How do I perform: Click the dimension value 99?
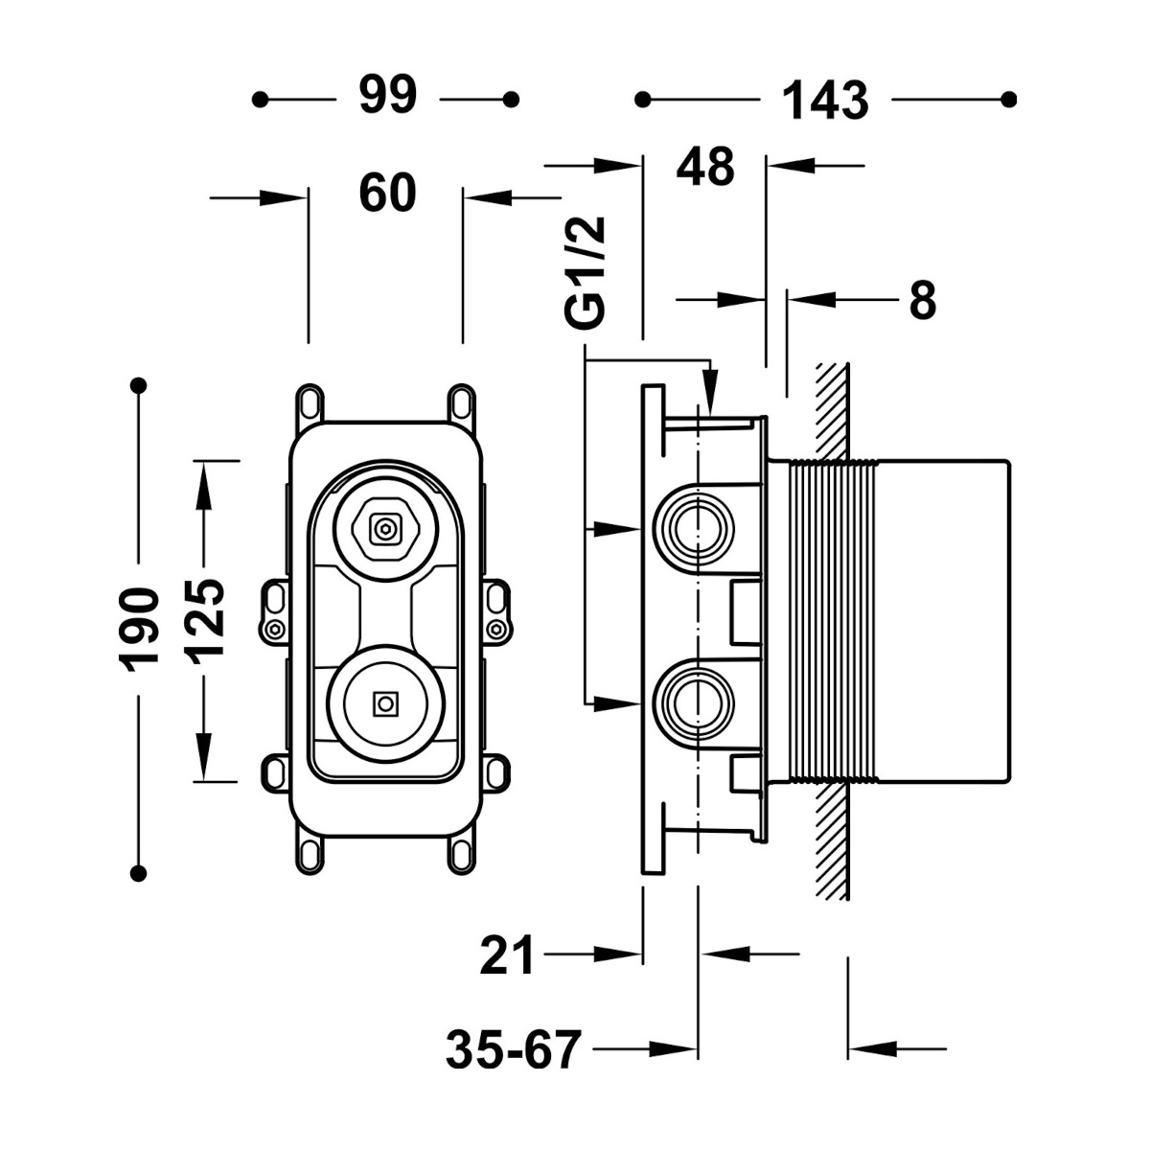click(x=388, y=96)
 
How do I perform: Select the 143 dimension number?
click(x=825, y=101)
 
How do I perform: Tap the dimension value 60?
click(x=387, y=193)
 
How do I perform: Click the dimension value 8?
click(x=923, y=300)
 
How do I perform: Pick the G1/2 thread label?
click(x=586, y=272)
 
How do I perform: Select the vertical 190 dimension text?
click(x=139, y=631)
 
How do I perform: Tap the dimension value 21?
click(x=507, y=954)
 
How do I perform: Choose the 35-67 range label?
click(x=514, y=1049)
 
